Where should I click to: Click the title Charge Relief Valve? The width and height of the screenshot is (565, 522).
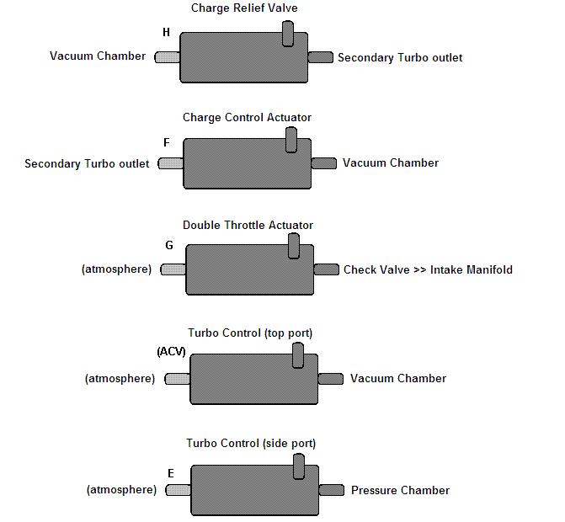(x=244, y=8)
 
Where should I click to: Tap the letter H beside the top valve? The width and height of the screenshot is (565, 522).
(x=166, y=32)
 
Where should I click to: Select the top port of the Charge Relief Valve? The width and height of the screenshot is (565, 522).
(x=287, y=34)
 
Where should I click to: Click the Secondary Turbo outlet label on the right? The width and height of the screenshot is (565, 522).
(x=399, y=58)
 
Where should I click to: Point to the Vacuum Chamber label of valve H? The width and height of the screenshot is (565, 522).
(x=98, y=56)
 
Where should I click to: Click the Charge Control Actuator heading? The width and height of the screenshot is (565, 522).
(x=247, y=118)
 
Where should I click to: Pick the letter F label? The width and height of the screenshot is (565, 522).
(x=167, y=143)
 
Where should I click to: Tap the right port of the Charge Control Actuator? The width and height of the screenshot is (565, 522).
(x=324, y=163)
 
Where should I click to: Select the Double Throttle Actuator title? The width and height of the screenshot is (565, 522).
(x=248, y=225)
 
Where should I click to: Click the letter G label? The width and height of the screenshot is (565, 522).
(x=169, y=246)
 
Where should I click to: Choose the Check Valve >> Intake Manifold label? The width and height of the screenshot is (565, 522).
(x=428, y=270)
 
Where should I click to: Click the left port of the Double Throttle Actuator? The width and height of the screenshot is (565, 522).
(x=173, y=269)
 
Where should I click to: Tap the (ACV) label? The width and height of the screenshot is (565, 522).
(x=171, y=351)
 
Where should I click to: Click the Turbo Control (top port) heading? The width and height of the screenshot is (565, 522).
(x=250, y=333)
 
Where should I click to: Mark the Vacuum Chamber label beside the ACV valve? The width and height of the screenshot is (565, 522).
(x=398, y=378)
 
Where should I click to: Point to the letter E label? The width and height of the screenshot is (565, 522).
(x=171, y=473)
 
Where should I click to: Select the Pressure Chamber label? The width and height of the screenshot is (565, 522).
(x=400, y=490)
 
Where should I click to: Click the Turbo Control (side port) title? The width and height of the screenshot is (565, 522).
(x=251, y=443)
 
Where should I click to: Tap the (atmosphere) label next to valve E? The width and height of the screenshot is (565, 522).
(x=121, y=489)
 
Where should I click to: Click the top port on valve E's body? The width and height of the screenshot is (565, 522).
(x=299, y=466)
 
